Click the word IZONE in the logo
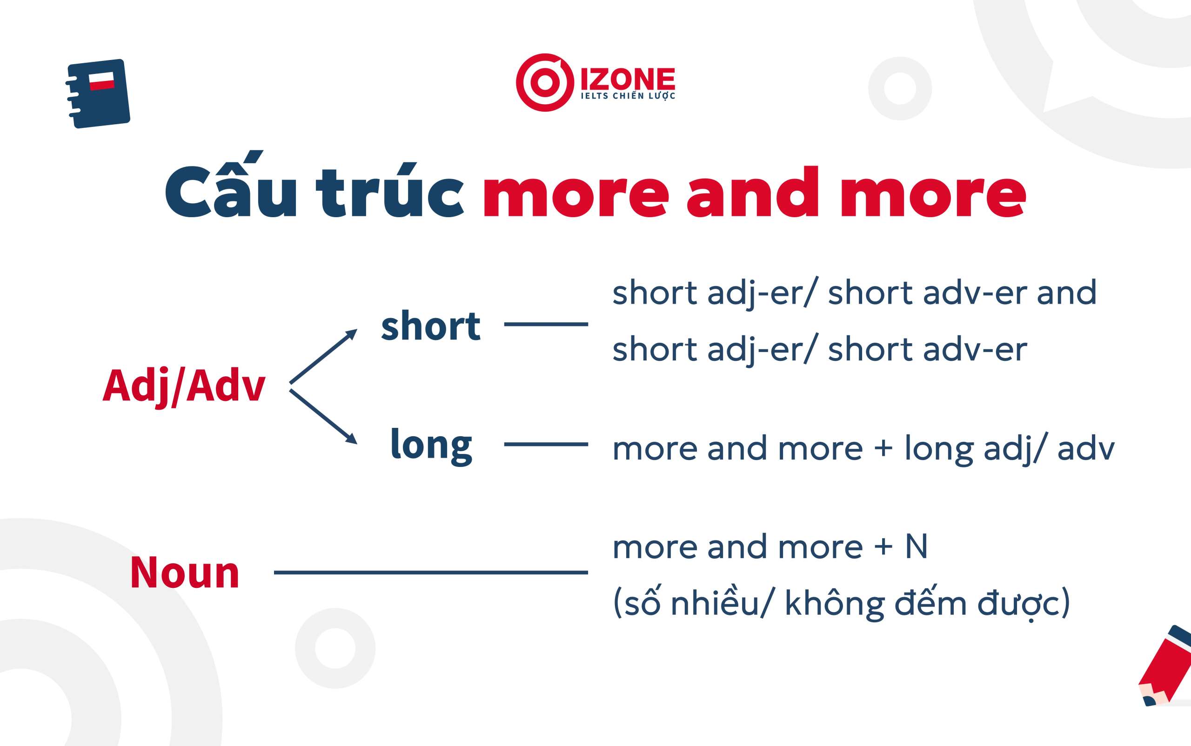point(628,80)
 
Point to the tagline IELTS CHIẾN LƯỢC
point(628,96)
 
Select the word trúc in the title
point(390,190)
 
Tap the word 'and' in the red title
point(753,192)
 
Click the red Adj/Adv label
point(184,387)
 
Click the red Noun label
point(185,573)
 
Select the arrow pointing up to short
point(323,356)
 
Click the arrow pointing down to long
point(323,417)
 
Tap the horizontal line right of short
point(546,324)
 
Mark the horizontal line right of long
point(546,444)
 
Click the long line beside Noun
point(431,573)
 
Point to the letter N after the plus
point(917,546)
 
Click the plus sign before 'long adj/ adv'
point(883,449)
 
